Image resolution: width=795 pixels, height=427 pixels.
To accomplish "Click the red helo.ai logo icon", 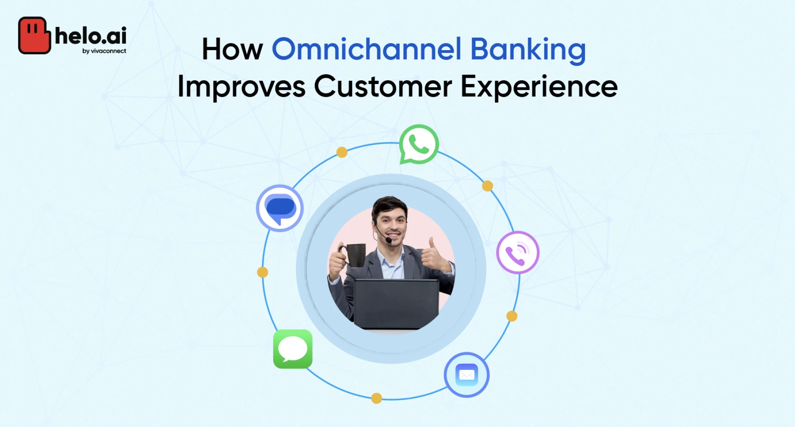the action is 34,35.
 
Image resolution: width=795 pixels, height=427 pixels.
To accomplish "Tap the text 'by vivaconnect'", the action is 104,51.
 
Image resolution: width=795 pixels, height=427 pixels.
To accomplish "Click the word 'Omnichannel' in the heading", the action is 366,49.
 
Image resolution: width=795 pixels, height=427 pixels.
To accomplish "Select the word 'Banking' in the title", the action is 528,50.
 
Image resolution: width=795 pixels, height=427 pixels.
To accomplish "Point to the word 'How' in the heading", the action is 232,49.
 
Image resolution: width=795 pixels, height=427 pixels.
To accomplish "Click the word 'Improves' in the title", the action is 241,87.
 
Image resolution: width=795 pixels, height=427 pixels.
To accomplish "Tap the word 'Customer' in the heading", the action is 383,86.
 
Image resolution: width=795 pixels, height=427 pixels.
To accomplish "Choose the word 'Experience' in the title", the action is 539,87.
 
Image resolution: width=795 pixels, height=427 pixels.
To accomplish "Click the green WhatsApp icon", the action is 419,144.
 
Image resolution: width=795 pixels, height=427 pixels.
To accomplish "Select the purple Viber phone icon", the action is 518,252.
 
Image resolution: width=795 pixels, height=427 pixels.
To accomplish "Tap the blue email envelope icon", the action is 467,375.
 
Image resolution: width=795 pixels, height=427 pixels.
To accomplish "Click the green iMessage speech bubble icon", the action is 293,349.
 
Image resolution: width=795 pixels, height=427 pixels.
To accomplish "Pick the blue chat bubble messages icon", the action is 280,208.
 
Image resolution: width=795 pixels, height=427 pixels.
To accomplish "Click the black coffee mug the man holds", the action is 353,255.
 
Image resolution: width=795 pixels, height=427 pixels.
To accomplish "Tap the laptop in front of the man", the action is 396,304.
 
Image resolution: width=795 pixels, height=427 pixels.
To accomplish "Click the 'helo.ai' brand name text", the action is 91,36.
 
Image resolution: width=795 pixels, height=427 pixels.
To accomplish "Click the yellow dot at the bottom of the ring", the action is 376,398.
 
